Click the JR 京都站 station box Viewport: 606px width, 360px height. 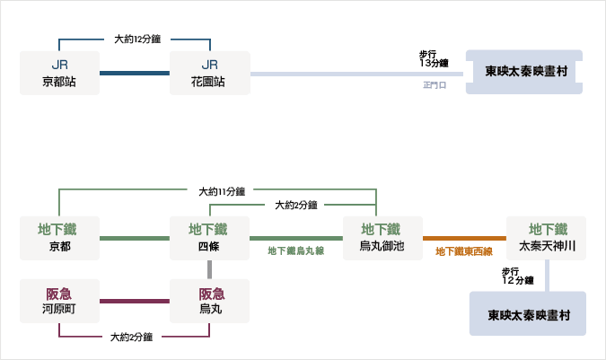pyautogui.click(x=59, y=73)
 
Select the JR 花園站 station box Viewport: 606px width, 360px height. pyautogui.click(x=210, y=73)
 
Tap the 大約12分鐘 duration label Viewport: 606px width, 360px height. pyautogui.click(x=137, y=39)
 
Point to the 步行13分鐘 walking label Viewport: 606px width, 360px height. pyautogui.click(x=434, y=58)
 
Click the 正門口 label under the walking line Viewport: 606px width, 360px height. pyautogui.click(x=435, y=85)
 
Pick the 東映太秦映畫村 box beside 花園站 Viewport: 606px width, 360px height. pyautogui.click(x=524, y=72)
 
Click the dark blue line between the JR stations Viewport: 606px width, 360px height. pyautogui.click(x=135, y=73)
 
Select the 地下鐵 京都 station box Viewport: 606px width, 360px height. pyautogui.click(x=59, y=238)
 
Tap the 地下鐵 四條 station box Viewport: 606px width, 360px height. pyautogui.click(x=209, y=238)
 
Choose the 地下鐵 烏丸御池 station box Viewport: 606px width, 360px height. pyautogui.click(x=382, y=238)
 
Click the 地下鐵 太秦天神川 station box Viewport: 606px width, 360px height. pyautogui.click(x=546, y=238)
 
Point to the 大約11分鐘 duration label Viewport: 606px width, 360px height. pyautogui.click(x=222, y=191)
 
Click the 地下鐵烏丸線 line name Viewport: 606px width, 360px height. pyautogui.click(x=296, y=251)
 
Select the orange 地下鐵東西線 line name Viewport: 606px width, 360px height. pyautogui.click(x=464, y=252)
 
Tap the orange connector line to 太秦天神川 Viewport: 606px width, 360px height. pyautogui.click(x=464, y=238)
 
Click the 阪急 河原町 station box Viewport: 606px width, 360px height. pyautogui.click(x=59, y=301)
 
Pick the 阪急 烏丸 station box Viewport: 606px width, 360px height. pyautogui.click(x=209, y=301)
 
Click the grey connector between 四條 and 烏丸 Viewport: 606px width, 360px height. pyautogui.click(x=209, y=269)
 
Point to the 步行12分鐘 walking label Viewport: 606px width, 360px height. pyautogui.click(x=517, y=277)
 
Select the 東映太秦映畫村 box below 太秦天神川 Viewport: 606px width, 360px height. pyautogui.click(x=528, y=313)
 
